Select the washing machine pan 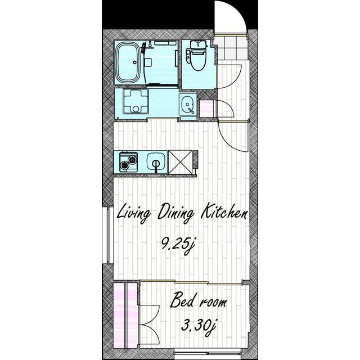tap(136, 101)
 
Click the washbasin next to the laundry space tap(188, 105)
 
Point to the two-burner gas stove tap(128, 162)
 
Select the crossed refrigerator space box tap(180, 162)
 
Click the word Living tap(134, 214)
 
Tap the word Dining tap(175, 213)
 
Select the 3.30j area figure tap(199, 327)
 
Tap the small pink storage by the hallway tap(208, 109)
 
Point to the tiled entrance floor tap(231, 48)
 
